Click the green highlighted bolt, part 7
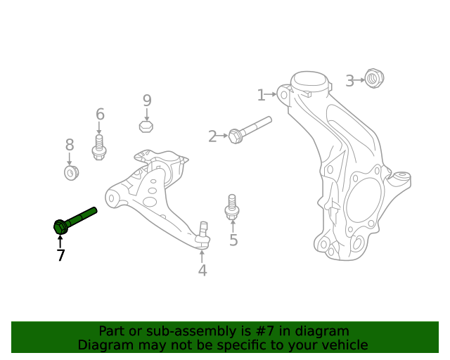(x=73, y=219)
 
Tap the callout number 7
(x=60, y=255)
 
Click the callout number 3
(x=349, y=81)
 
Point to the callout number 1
(x=261, y=95)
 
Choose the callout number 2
(x=212, y=136)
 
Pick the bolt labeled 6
(x=99, y=148)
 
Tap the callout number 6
(x=100, y=115)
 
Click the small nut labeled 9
(x=146, y=126)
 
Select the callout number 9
(x=147, y=101)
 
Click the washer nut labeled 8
(x=70, y=172)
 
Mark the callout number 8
(x=70, y=146)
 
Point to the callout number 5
(x=233, y=240)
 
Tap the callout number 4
(x=202, y=270)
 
